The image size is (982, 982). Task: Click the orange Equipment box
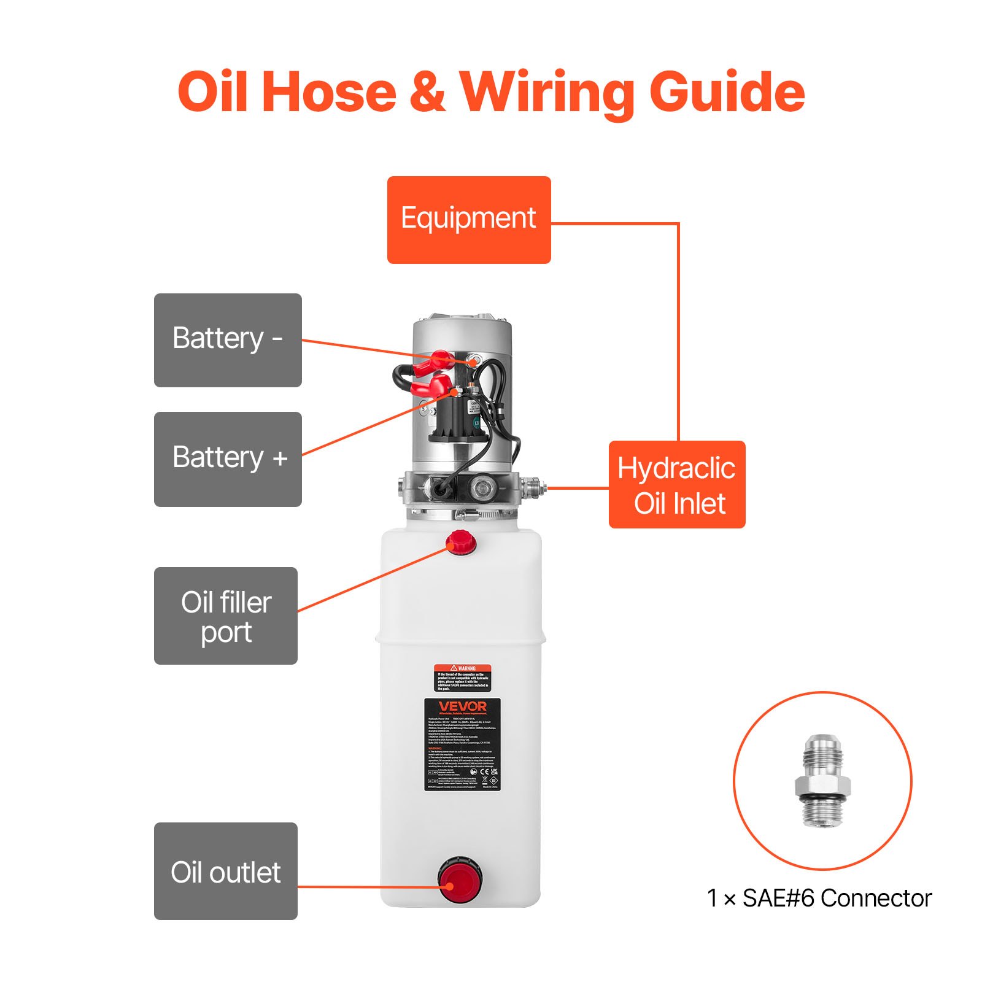(x=469, y=220)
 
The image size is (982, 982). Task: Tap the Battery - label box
(x=228, y=340)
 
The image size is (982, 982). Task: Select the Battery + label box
(x=228, y=459)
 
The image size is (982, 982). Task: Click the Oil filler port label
(x=226, y=616)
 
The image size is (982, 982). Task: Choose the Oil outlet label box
(x=226, y=871)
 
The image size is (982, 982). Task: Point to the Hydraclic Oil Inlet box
(x=677, y=484)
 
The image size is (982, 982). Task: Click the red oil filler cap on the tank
(x=461, y=543)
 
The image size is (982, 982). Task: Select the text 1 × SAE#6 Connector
(x=819, y=898)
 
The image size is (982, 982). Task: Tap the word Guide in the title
(x=727, y=92)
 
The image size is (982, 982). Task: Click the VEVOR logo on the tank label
(x=462, y=706)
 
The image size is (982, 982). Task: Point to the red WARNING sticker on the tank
(x=462, y=677)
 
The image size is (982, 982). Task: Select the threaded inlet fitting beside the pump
(x=533, y=487)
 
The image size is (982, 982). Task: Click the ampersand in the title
(x=427, y=92)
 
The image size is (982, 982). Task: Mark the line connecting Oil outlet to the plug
(x=368, y=886)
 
